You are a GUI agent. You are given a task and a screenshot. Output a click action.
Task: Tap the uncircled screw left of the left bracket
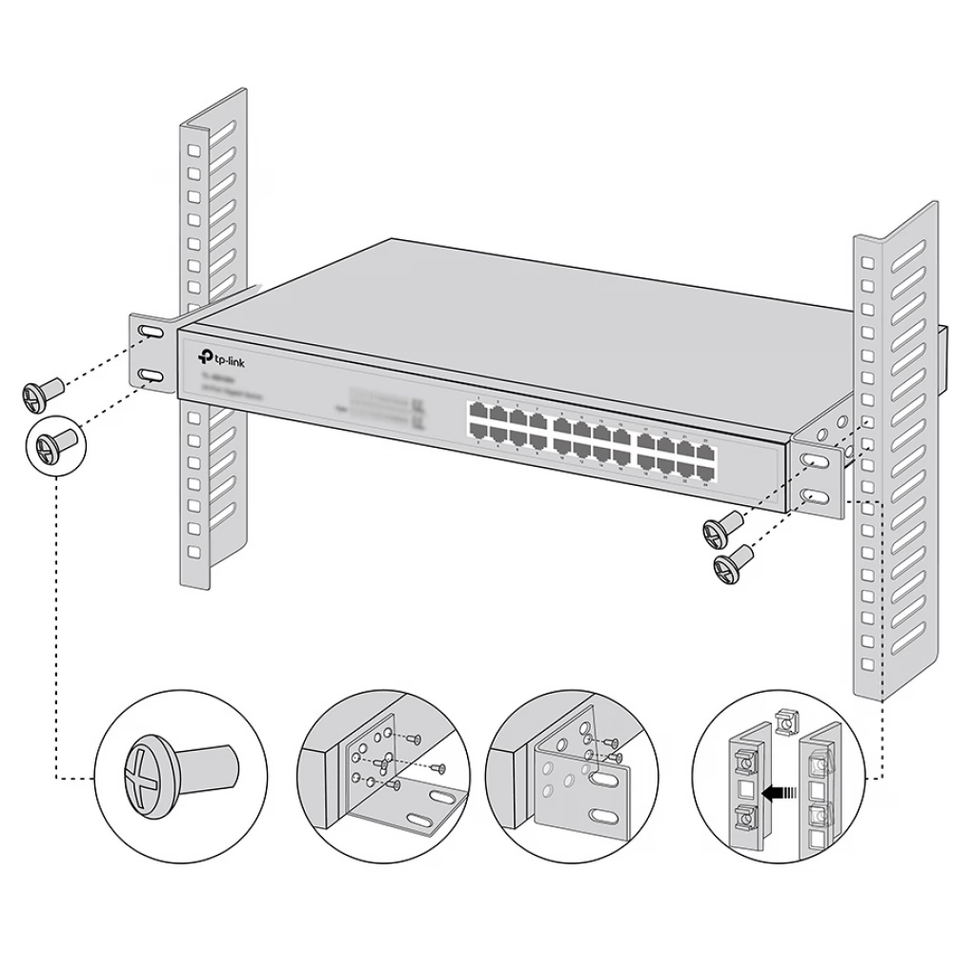point(41,391)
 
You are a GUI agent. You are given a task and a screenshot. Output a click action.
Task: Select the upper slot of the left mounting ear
point(150,332)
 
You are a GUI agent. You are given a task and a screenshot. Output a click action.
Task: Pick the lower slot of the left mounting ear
point(150,375)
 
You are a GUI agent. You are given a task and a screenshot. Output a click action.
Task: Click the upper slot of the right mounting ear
point(816,460)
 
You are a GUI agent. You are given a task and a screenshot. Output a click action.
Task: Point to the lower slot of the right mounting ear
point(816,497)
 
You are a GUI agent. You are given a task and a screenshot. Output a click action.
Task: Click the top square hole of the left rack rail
point(193,152)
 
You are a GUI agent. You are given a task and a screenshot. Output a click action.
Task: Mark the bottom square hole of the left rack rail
point(193,551)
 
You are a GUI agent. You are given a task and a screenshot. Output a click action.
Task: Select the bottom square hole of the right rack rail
point(866,662)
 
